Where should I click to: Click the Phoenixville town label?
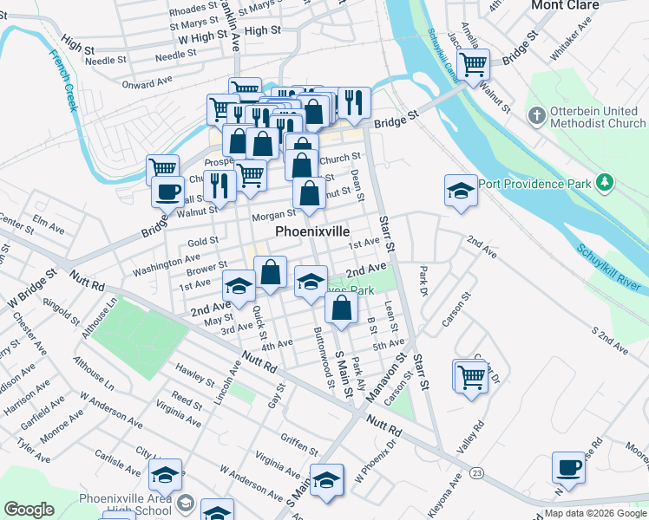click(x=312, y=232)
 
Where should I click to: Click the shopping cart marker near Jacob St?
click(x=473, y=63)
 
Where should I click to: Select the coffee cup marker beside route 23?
click(x=569, y=467)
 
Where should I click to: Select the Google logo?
click(x=29, y=510)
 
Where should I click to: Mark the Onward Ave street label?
click(x=147, y=82)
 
